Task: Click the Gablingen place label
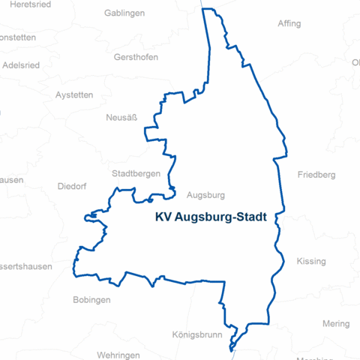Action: coord(124,13)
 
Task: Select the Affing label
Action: coord(289,23)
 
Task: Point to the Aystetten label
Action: coord(74,95)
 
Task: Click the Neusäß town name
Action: coord(121,118)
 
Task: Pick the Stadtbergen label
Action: coord(136,173)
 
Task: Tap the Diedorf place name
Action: coord(72,187)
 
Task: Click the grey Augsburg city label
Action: coord(205,195)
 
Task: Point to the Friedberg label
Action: coord(316,175)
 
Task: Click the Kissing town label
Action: coord(311,261)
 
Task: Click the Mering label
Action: coord(336,324)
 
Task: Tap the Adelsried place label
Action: coord(21,64)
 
